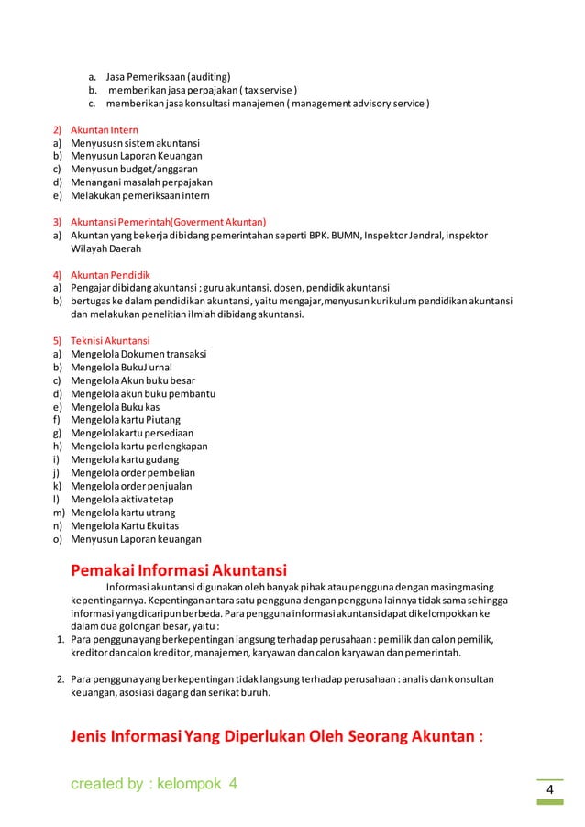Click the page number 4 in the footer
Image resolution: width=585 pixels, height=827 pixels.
pos(550,791)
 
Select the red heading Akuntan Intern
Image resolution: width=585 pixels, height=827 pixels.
pos(105,130)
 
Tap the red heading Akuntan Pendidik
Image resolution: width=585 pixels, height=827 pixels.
pos(110,274)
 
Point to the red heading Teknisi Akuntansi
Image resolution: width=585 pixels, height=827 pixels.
pos(111,340)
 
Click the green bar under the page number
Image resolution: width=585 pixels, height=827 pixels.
pos(549,802)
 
